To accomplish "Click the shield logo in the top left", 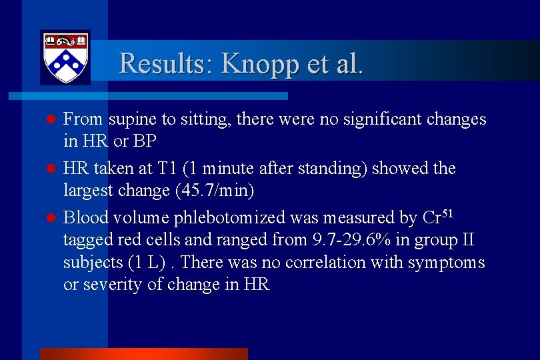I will [65, 57].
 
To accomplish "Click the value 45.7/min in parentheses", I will [219, 191].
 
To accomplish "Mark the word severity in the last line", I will [107, 285].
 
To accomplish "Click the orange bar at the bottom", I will [144, 353].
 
